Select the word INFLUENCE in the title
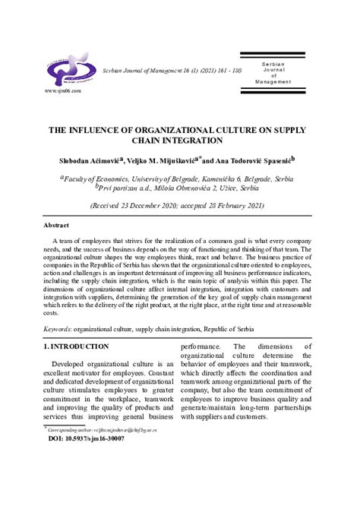point(101,130)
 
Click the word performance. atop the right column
point(201,346)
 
